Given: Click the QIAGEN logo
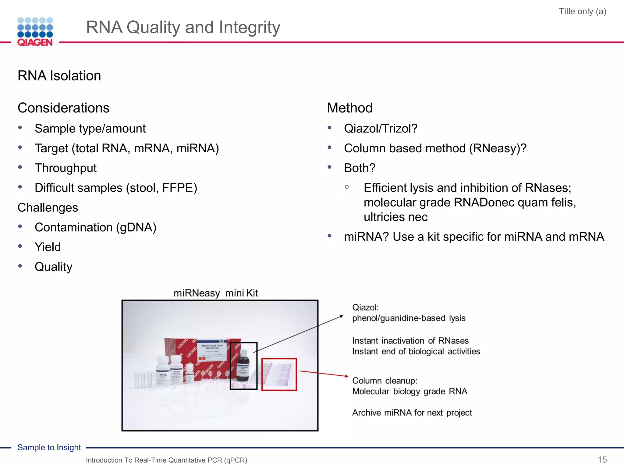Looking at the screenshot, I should point(35,32).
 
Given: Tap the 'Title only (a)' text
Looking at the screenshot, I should point(582,12).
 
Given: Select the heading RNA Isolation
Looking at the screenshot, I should point(59,76).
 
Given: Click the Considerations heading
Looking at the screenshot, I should point(63,108).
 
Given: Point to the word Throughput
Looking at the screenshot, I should point(66,168).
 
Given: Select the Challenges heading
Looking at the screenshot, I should point(48,207).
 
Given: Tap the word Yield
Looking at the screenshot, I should point(48,247).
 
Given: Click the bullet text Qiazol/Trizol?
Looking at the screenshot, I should point(381,129).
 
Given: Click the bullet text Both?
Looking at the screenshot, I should point(360,168).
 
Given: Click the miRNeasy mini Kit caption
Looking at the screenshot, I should point(216,293).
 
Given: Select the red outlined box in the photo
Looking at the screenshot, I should point(279,374).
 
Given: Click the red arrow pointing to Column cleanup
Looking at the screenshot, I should point(324,374).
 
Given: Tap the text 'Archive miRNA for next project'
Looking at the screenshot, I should point(412,413).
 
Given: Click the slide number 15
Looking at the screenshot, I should point(602,459).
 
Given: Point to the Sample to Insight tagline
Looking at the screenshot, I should point(49,447).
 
